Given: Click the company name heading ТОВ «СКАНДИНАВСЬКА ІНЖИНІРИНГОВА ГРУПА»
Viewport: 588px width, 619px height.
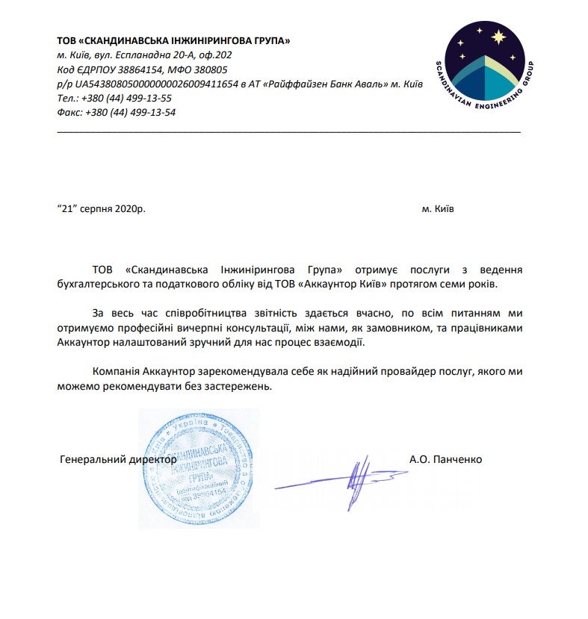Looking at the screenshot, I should [173, 40].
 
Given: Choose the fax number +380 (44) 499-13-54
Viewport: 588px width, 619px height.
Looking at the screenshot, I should [131, 112].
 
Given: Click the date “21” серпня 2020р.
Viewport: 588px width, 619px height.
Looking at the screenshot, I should [101, 209].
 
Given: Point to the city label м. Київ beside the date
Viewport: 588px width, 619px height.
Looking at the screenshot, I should [437, 209].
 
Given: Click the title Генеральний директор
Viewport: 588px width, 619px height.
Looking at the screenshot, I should [117, 460].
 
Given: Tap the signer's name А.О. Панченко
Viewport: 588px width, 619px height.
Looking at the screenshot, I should [446, 459].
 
